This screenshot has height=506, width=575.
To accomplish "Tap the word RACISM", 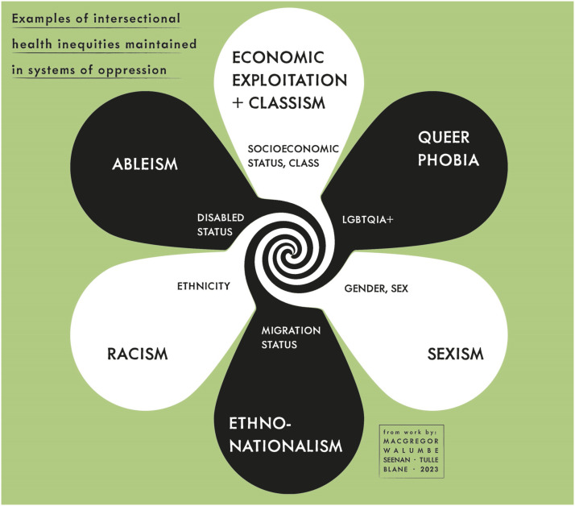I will [x=137, y=354].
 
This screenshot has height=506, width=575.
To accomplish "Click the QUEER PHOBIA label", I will [x=449, y=147].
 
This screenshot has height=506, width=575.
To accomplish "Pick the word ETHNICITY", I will [x=204, y=286].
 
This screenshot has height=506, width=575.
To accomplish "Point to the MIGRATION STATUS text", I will [x=291, y=338].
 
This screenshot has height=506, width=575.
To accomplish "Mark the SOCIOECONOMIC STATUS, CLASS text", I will [x=293, y=156].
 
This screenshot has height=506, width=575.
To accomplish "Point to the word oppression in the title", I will [x=134, y=69].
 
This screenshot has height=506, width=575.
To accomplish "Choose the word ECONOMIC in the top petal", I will [x=278, y=57].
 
